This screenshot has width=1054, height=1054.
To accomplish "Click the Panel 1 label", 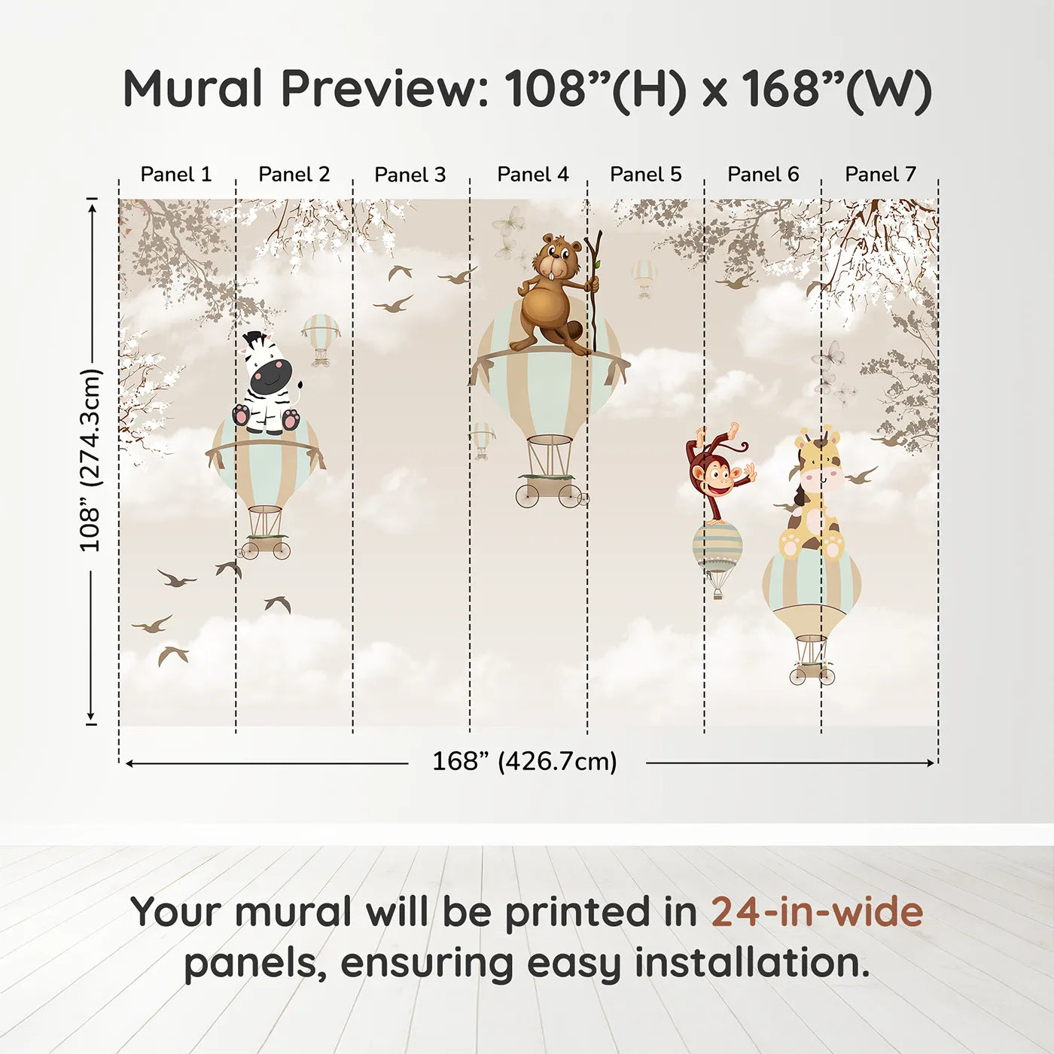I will point(176,175).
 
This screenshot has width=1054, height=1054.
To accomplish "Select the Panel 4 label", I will point(532,175).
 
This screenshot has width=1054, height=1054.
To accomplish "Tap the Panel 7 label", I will point(880,175).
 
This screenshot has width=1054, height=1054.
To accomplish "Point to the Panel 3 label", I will point(410,175).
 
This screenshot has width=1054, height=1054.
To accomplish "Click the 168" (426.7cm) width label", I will point(525,762).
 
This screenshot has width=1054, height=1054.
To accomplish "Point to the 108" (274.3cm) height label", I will point(90,461).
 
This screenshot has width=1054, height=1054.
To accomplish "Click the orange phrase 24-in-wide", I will point(817,912).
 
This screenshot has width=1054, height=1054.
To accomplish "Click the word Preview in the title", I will point(385,89).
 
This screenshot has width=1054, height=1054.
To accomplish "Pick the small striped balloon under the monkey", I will point(717,547).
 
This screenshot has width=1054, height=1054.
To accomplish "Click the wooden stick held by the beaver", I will point(596,290).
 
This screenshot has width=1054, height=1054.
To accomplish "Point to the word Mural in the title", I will point(193,89).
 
